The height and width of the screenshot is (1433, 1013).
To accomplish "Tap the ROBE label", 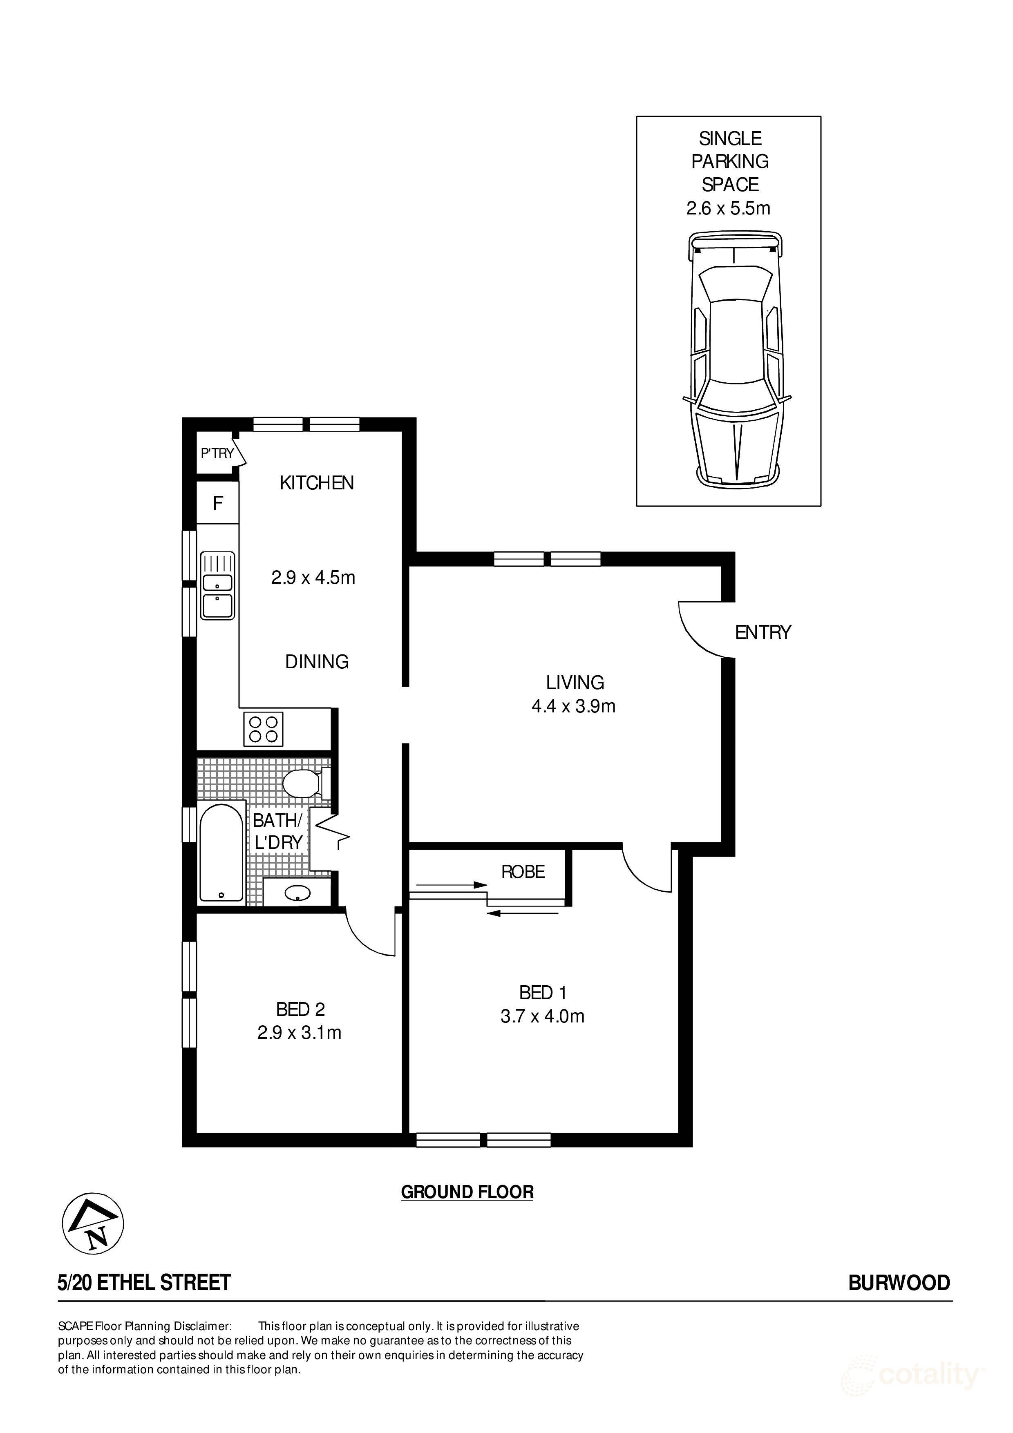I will click(x=523, y=871).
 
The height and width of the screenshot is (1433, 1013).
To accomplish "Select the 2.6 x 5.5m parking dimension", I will click(x=728, y=208).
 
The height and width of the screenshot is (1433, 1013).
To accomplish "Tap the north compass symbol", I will click(x=93, y=1223).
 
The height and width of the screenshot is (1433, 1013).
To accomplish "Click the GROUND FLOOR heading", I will click(x=467, y=1192).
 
